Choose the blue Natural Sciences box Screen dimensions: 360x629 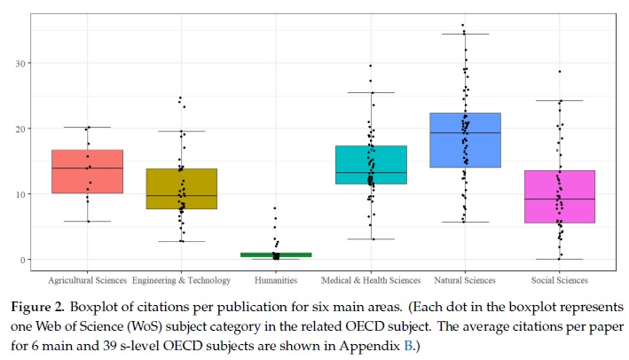pyautogui.click(x=465, y=139)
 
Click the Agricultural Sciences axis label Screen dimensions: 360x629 pyautogui.click(x=87, y=281)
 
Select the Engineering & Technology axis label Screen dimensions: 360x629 pyautogui.click(x=181, y=281)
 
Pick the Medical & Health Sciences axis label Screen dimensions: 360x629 pyautogui.click(x=370, y=281)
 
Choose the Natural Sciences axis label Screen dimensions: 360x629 pyautogui.click(x=465, y=281)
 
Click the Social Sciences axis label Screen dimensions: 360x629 pyautogui.click(x=559, y=281)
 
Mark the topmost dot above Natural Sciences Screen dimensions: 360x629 pyautogui.click(x=463, y=26)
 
